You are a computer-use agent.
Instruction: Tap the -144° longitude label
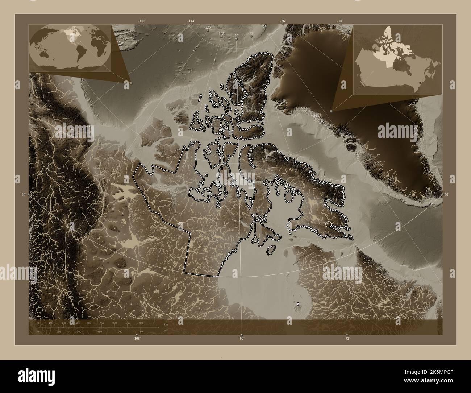191,21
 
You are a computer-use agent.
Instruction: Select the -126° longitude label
208,28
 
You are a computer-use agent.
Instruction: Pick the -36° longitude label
283,21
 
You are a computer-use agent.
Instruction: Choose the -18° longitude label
340,21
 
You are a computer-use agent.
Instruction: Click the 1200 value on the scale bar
140,323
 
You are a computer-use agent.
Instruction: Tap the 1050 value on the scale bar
127,323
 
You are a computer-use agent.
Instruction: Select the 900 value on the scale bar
114,323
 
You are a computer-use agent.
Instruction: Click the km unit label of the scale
166,324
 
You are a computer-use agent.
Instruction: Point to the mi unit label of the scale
165,330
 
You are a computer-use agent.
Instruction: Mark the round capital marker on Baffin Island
329,224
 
